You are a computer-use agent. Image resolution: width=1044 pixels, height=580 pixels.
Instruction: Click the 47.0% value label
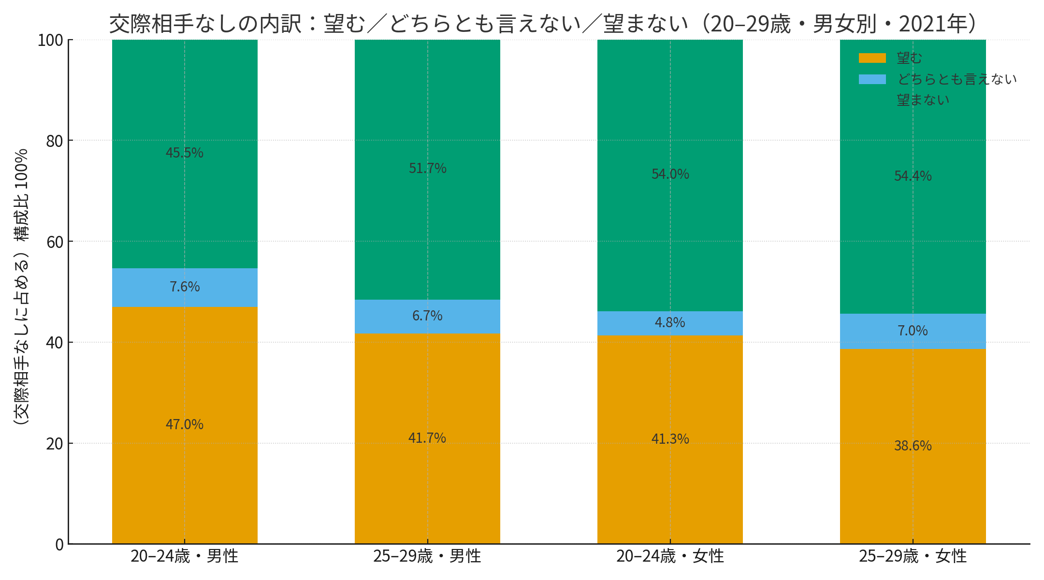tap(185, 424)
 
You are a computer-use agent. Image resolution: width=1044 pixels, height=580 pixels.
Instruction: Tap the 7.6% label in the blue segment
tap(185, 287)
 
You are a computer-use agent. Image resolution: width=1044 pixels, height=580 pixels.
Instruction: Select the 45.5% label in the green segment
tap(185, 153)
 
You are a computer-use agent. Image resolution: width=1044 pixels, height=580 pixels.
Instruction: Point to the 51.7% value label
tap(427, 168)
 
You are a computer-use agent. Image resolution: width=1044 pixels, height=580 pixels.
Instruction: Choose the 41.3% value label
tap(670, 439)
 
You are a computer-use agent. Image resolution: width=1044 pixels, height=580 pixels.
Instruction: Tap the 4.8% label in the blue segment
tap(670, 322)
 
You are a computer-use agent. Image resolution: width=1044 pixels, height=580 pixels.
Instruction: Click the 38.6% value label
tap(913, 446)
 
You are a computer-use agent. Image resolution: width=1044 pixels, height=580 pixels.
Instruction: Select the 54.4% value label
tap(913, 176)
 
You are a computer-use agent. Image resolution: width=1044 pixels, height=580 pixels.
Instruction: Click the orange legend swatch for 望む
tap(872, 58)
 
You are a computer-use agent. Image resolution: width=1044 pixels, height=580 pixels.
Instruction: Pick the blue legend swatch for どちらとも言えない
tap(872, 79)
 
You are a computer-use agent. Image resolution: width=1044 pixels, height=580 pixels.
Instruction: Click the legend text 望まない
tap(923, 100)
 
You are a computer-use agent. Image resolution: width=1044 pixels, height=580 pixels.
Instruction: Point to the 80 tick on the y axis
tap(55, 141)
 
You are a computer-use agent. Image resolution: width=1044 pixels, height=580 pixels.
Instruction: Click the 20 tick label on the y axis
tap(55, 444)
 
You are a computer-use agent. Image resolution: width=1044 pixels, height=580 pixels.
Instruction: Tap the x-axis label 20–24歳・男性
tap(185, 556)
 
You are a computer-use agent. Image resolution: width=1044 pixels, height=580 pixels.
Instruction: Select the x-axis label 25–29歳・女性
tap(913, 556)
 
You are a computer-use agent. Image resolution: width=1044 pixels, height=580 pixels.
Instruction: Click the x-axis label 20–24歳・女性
tap(670, 556)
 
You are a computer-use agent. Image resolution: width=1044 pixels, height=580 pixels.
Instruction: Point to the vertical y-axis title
tap(21, 287)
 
